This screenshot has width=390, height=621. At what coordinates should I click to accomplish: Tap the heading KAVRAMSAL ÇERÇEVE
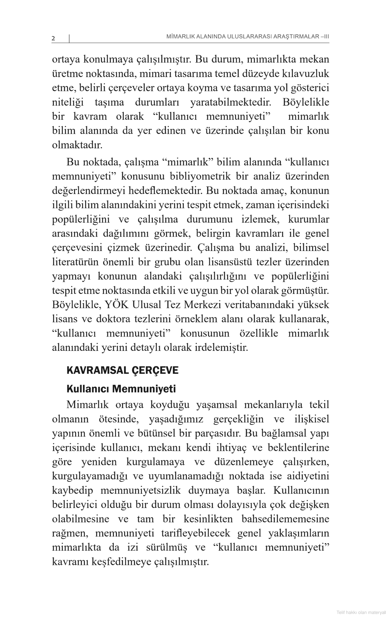[x=122, y=371]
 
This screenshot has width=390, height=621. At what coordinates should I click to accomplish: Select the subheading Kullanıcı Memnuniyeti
[x=121, y=389]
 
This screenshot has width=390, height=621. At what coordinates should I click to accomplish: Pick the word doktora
[x=113, y=319]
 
